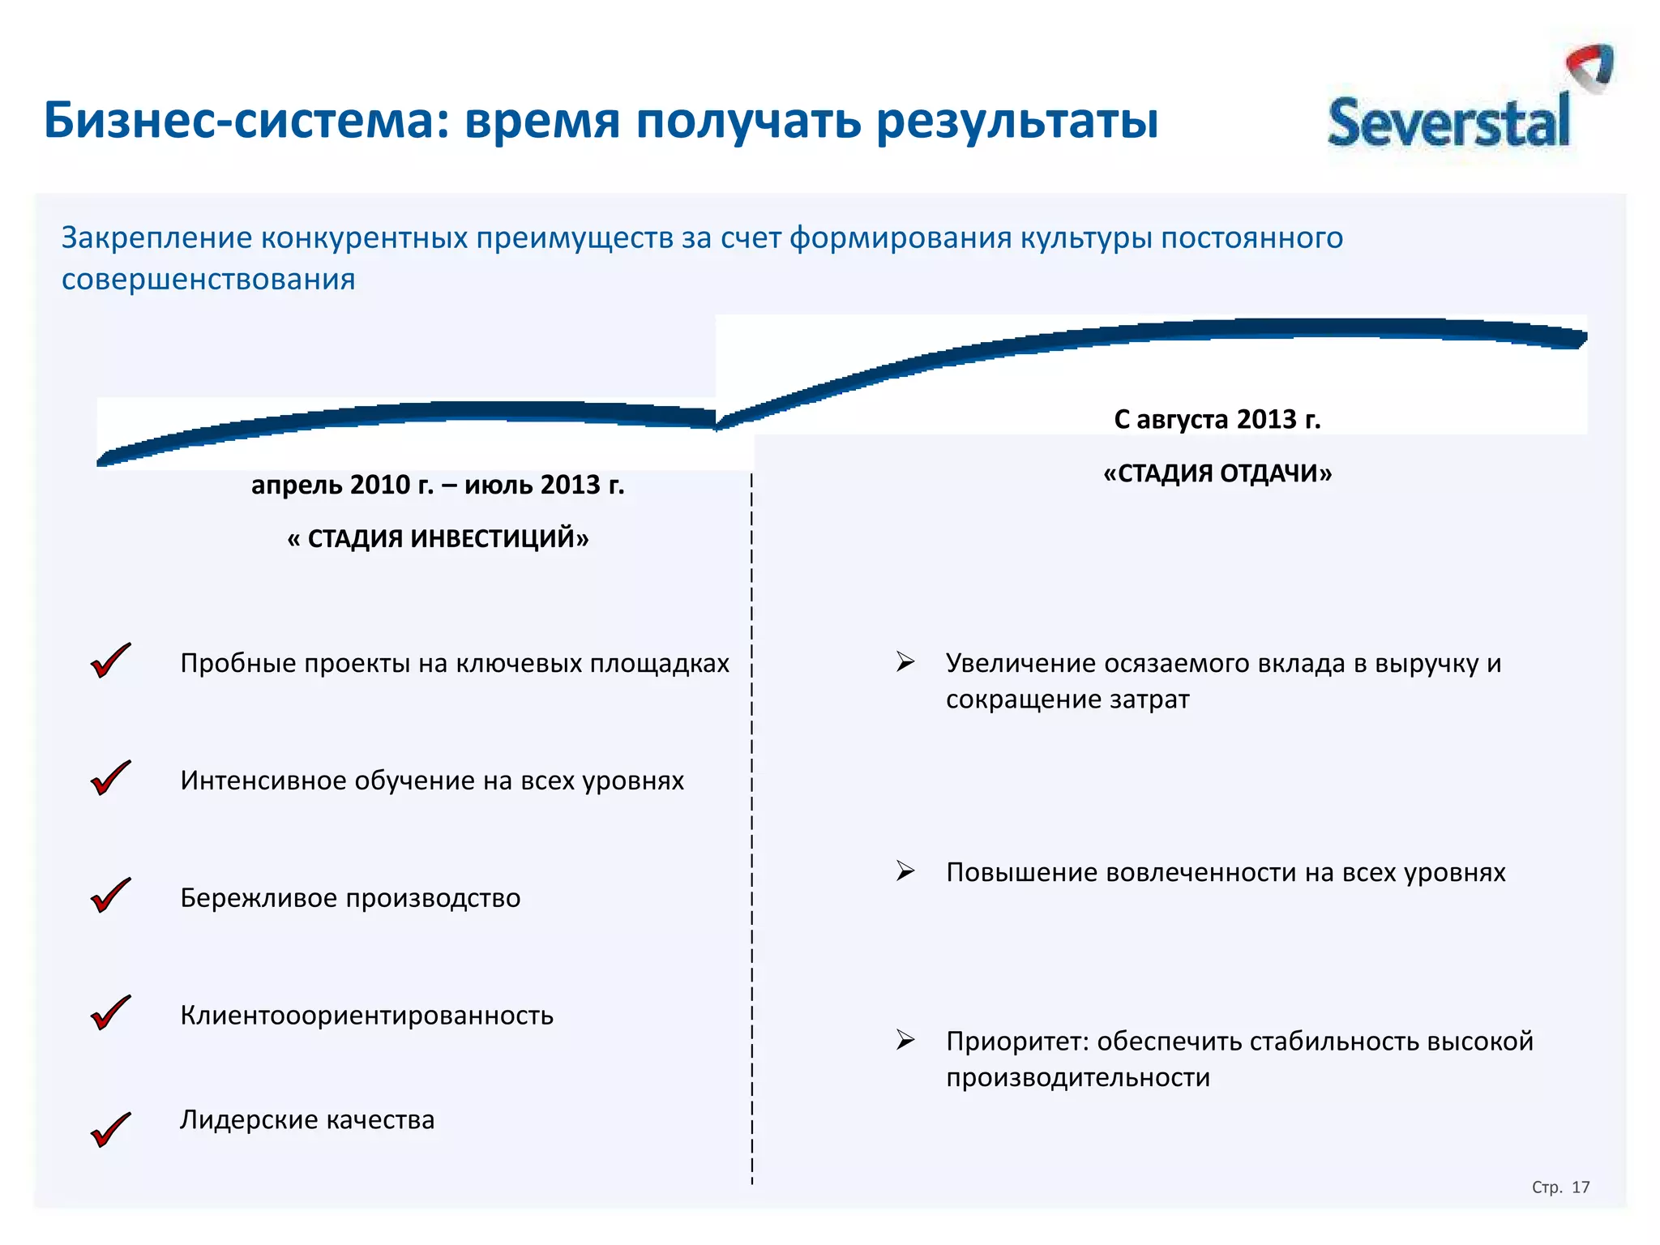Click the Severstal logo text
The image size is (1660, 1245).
[x=1448, y=123]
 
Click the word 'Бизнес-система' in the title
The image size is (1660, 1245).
[x=246, y=121]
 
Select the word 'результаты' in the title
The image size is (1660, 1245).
[x=1017, y=121]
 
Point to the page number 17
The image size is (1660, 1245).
[x=1581, y=1187]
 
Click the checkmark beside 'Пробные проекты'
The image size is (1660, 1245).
[x=110, y=661]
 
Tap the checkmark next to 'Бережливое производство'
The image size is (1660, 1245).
[x=110, y=896]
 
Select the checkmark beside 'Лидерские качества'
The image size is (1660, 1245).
[x=110, y=1130]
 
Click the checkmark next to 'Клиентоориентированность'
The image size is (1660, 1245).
[x=110, y=1013]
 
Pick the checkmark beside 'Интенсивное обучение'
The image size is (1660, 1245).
[x=110, y=778]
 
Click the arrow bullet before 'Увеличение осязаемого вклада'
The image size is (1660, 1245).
[x=905, y=661]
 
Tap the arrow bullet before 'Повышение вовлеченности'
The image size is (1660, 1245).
[x=905, y=871]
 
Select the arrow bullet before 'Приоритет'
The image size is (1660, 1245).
[x=905, y=1040]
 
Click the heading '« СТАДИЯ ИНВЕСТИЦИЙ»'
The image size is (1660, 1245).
[x=438, y=538]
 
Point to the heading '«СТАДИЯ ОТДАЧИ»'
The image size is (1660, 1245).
[x=1217, y=473]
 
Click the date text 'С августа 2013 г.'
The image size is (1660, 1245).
[x=1217, y=419]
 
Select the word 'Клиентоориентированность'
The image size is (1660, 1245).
[x=366, y=1016]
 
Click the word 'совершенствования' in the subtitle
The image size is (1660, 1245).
[x=208, y=280]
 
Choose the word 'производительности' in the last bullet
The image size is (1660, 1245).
[x=1078, y=1078]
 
